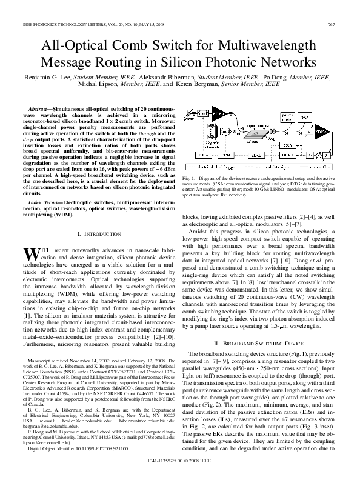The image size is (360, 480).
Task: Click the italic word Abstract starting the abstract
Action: (39, 106)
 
